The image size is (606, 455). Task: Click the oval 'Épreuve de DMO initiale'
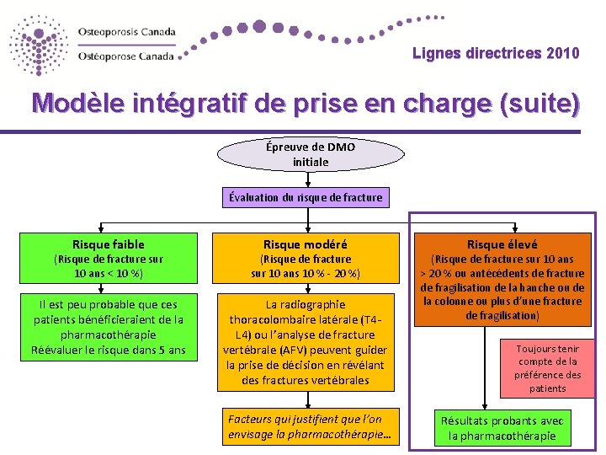pos(311,153)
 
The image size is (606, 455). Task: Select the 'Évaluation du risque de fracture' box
pos(306,197)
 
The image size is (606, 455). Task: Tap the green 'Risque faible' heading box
pos(109,244)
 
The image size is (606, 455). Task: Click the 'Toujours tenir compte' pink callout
pos(547,368)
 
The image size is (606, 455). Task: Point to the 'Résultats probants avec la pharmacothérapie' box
pos(502,428)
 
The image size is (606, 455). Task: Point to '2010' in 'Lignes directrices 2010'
pos(562,54)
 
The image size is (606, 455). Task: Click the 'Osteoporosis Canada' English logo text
pos(127,32)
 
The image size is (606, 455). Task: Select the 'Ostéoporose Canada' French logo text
pos(126,56)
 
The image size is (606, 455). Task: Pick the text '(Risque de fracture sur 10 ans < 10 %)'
pos(109,266)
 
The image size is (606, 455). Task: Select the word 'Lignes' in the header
pos(435,54)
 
